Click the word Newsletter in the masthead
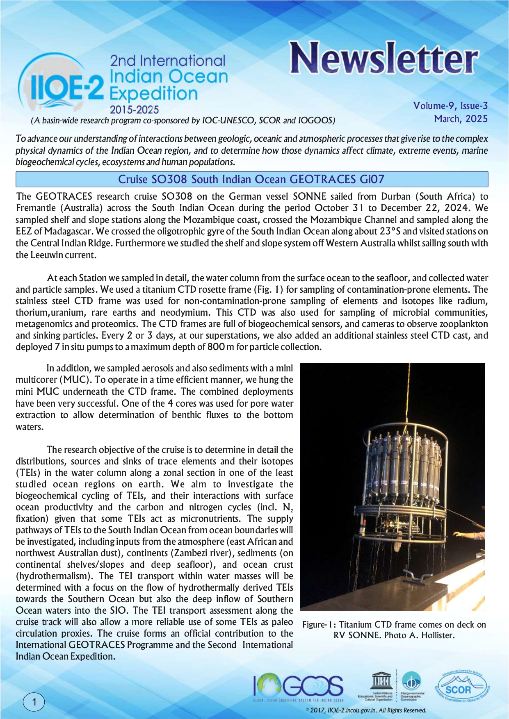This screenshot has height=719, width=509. [384, 58]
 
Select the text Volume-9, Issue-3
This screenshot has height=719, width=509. [450, 106]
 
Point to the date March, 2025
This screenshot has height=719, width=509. [461, 119]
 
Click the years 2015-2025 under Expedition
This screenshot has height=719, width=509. [134, 110]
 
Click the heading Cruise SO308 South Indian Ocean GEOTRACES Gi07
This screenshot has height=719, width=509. [251, 179]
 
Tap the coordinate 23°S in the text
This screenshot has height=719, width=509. [390, 231]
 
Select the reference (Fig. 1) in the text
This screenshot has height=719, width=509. [269, 289]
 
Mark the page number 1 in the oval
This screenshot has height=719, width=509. [34, 702]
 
